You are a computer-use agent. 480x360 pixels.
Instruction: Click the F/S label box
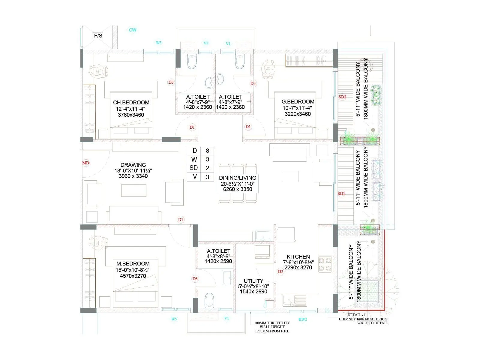pos(98,36)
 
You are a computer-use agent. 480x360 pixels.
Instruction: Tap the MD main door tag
pos(86,163)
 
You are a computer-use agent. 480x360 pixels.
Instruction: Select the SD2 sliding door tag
pos(342,97)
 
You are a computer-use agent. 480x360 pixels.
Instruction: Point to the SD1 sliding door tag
pos(341,193)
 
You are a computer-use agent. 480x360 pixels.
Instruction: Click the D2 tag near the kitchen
pos(280,271)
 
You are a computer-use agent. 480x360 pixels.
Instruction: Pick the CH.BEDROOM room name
pos(131,103)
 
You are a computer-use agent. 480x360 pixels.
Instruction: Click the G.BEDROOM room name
pos(298,102)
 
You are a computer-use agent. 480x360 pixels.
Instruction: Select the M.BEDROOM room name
pos(133,264)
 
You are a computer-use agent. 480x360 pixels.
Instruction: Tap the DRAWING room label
pos(133,165)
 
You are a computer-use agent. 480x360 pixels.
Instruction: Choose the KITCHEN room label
pos(298,257)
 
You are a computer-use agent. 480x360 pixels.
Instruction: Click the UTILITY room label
pos(253,281)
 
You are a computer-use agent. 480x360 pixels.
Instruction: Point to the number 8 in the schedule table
pos(207,151)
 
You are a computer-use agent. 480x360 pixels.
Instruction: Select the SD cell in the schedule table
pos(194,168)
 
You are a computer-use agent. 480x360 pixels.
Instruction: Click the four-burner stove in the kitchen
pos(325,264)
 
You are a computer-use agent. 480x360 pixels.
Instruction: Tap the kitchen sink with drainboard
pos(295,300)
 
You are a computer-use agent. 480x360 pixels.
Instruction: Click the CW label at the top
pos(132,30)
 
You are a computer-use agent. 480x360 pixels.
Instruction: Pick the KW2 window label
pos(303,319)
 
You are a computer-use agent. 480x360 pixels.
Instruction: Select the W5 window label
pos(159,43)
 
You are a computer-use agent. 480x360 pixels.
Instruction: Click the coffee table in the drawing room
pos(134,190)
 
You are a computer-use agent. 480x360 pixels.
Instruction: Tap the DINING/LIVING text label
pos(238,178)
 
